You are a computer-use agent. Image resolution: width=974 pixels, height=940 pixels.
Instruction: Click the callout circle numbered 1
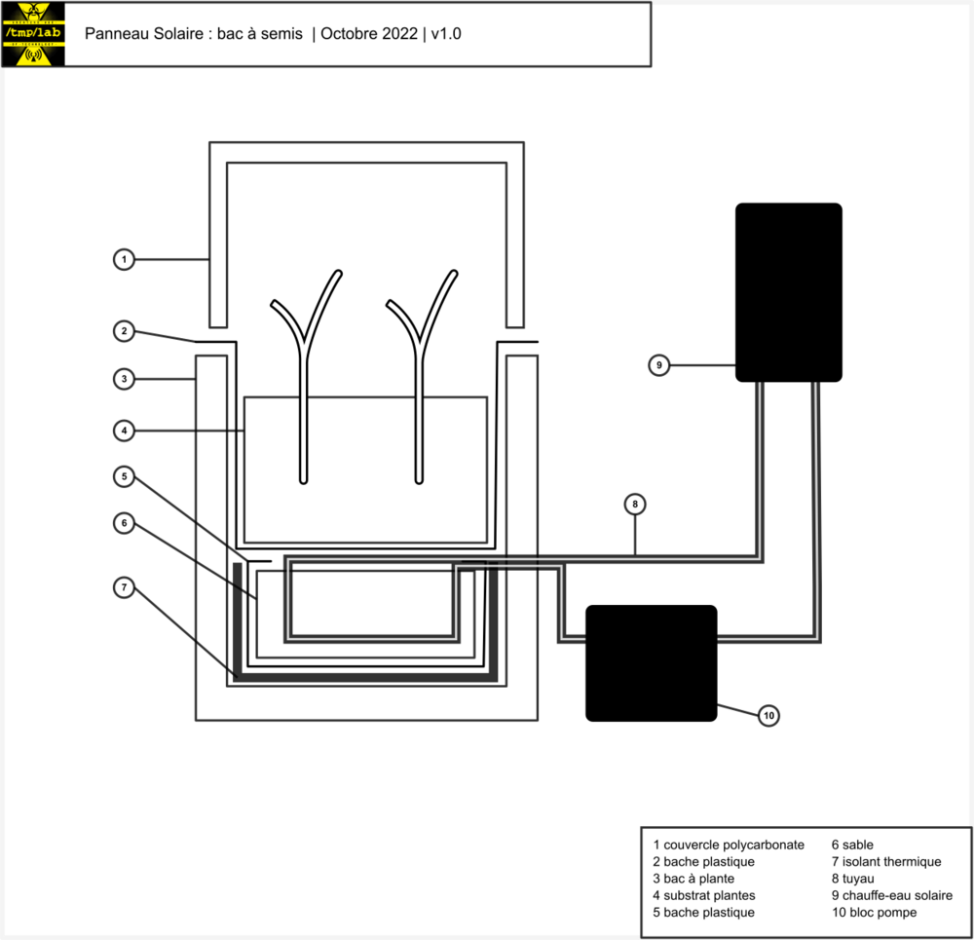[x=123, y=259]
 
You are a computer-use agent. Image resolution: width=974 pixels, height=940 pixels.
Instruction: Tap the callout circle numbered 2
[x=123, y=331]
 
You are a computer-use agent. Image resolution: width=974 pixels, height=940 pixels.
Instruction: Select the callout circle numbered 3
[x=123, y=379]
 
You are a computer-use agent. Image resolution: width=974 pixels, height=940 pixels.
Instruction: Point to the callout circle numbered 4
[x=123, y=429]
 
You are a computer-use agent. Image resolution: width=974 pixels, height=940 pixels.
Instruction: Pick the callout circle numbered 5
[x=123, y=476]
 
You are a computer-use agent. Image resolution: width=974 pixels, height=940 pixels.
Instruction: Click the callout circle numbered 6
[x=123, y=523]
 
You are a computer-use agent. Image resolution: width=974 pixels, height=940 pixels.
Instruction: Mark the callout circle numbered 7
[x=123, y=587]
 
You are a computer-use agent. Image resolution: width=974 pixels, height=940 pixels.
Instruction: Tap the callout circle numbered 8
[x=635, y=504]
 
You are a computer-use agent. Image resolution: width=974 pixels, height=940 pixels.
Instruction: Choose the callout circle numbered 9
[x=659, y=365]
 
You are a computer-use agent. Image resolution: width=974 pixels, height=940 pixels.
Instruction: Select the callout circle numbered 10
[x=768, y=716]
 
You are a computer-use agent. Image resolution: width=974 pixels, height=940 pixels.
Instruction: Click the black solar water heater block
[x=788, y=292]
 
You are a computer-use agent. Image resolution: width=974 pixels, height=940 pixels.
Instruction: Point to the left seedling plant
[x=305, y=380]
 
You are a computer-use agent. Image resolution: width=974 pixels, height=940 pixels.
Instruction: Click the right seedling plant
[x=421, y=380]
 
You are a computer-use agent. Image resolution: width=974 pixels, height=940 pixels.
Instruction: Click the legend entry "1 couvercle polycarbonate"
[x=729, y=845]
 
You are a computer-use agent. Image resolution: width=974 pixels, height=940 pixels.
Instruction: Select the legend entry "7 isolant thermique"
[x=885, y=861]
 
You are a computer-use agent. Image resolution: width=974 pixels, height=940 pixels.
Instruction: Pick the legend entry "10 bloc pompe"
[x=874, y=912]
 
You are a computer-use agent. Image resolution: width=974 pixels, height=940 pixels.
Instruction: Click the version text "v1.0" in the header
[x=446, y=34]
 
